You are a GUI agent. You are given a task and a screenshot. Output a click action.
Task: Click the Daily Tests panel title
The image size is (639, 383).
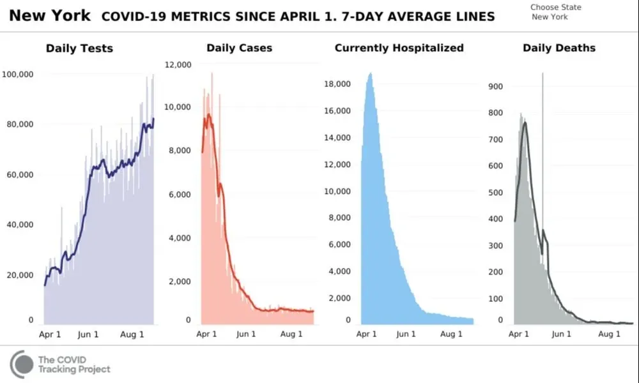click(79, 48)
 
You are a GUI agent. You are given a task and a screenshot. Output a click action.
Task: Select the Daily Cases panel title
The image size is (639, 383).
click(239, 48)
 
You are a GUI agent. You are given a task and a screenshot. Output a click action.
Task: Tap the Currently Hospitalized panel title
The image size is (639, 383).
click(399, 48)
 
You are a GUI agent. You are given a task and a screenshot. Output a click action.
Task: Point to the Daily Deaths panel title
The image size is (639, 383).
click(558, 48)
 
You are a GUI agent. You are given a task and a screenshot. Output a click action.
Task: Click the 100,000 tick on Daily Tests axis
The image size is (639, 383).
click(17, 75)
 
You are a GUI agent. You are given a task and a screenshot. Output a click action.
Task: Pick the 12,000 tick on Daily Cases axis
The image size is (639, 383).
click(178, 64)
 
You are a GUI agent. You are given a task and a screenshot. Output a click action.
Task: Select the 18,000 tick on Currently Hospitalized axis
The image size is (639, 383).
click(338, 84)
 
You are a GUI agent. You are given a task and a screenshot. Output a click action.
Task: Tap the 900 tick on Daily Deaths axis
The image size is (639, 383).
click(496, 86)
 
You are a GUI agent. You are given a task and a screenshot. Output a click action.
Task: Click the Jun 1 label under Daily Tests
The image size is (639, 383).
click(88, 334)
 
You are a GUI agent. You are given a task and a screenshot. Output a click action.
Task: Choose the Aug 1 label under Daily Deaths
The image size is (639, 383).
click(608, 334)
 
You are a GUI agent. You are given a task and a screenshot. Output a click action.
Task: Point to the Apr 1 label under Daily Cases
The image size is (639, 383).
click(207, 334)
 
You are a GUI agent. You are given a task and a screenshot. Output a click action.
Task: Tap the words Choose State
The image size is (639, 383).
click(555, 8)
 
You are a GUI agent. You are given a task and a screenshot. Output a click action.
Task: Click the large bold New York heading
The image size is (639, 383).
click(50, 15)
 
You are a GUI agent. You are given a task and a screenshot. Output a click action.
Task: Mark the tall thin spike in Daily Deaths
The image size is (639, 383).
click(543, 128)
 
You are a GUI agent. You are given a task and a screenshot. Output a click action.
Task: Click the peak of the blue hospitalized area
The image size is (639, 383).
click(370, 74)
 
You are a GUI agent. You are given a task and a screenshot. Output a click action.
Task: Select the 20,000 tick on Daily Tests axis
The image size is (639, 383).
click(20, 275)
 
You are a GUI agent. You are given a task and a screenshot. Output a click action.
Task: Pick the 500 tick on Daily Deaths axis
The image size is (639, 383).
click(496, 192)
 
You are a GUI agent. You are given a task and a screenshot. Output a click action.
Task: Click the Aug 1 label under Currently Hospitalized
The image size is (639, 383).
click(451, 334)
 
